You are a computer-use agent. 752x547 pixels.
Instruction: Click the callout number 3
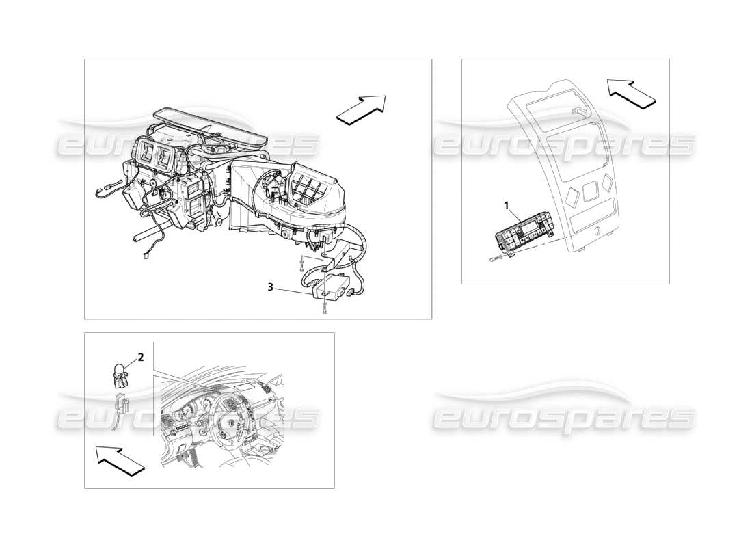click(x=271, y=288)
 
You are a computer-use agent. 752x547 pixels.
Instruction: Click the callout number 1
click(x=507, y=204)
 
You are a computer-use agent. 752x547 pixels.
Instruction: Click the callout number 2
click(x=140, y=357)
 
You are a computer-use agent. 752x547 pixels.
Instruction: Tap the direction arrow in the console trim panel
click(x=630, y=93)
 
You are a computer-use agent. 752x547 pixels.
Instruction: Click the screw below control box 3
click(x=324, y=310)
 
